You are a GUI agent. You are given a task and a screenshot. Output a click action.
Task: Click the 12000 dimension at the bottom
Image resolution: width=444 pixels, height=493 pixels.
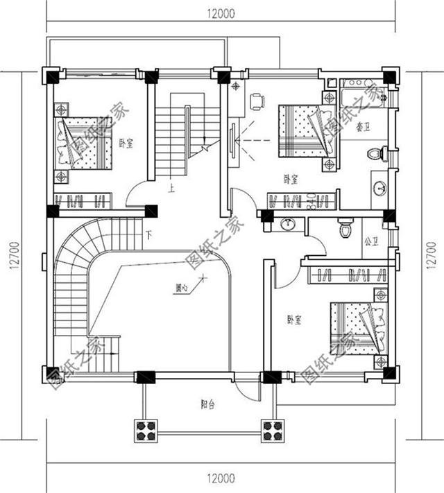point(221,478)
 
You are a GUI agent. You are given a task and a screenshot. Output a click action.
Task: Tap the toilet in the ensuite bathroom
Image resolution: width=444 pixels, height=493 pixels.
point(376,152)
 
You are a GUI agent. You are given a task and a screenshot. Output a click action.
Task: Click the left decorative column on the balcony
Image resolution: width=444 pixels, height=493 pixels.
point(146,429)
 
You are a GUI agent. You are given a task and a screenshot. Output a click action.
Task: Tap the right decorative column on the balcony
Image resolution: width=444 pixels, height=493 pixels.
point(271,429)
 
